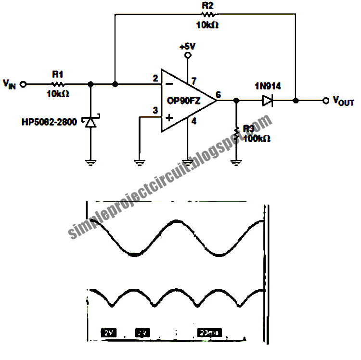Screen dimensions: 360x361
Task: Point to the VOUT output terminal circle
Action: pyautogui.click(x=325, y=101)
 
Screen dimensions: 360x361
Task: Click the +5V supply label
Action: pyautogui.click(x=187, y=47)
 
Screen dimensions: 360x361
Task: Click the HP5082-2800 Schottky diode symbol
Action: pyautogui.click(x=90, y=121)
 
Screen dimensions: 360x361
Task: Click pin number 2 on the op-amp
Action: pyautogui.click(x=155, y=78)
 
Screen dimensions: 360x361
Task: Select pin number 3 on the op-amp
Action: pyautogui.click(x=155, y=111)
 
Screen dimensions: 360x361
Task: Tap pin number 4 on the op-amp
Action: pyautogui.click(x=193, y=122)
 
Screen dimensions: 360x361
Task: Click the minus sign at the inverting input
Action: pyautogui.click(x=169, y=84)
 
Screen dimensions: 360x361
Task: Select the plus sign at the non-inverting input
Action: pyautogui.click(x=169, y=116)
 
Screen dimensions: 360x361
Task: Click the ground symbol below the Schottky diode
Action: pyautogui.click(x=90, y=162)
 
